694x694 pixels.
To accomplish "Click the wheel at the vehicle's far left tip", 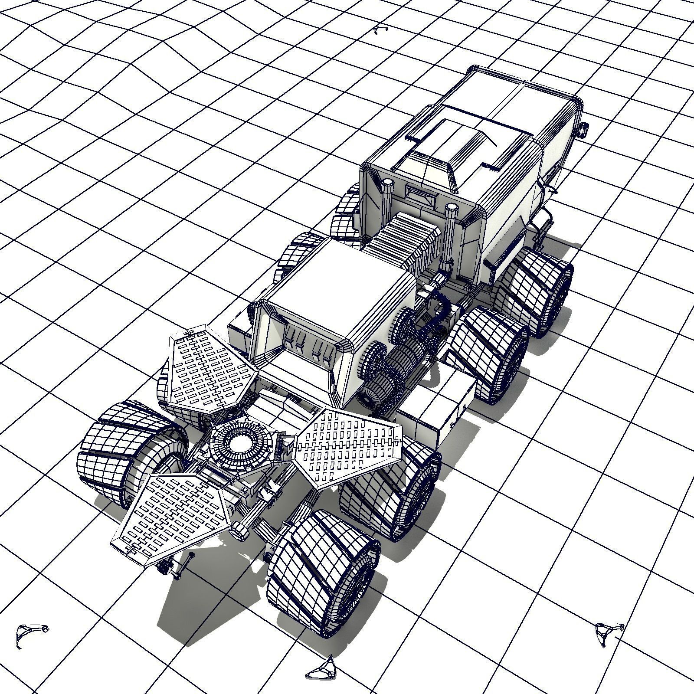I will (117, 451).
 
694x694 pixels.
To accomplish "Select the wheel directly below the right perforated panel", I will (390, 494).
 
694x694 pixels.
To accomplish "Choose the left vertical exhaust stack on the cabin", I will (386, 200).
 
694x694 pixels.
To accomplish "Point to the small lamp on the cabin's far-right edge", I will (584, 129).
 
